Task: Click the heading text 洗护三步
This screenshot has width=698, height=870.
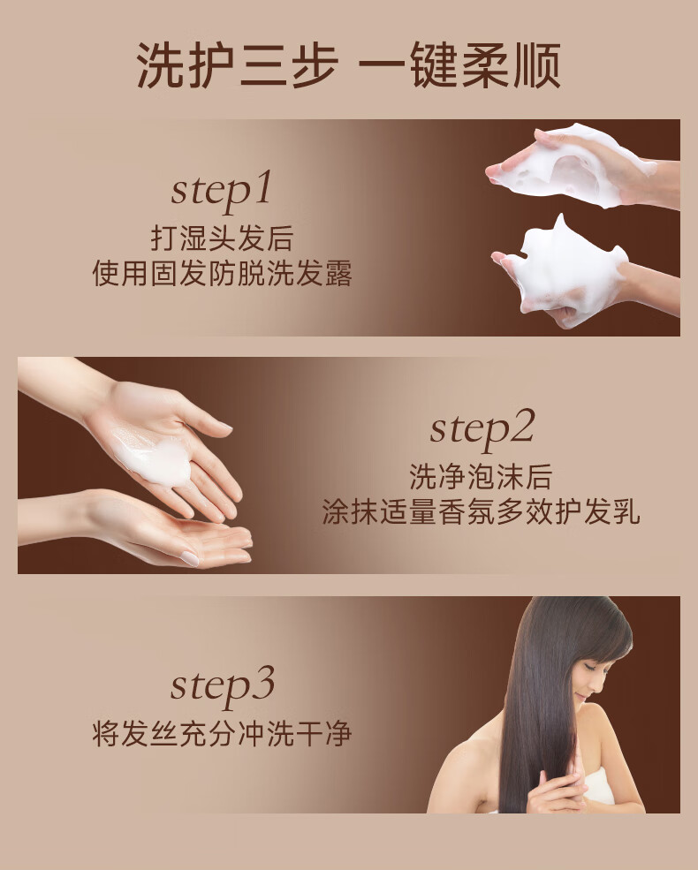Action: [238, 65]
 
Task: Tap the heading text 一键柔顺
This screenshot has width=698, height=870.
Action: [459, 65]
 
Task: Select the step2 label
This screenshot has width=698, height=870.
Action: [482, 429]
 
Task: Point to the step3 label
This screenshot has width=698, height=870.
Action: [223, 687]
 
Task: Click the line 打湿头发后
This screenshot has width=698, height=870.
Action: [222, 238]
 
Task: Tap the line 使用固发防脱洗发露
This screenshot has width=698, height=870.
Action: [222, 273]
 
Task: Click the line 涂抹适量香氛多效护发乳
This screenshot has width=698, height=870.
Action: [481, 511]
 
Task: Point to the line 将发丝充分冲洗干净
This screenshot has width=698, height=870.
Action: [222, 733]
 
